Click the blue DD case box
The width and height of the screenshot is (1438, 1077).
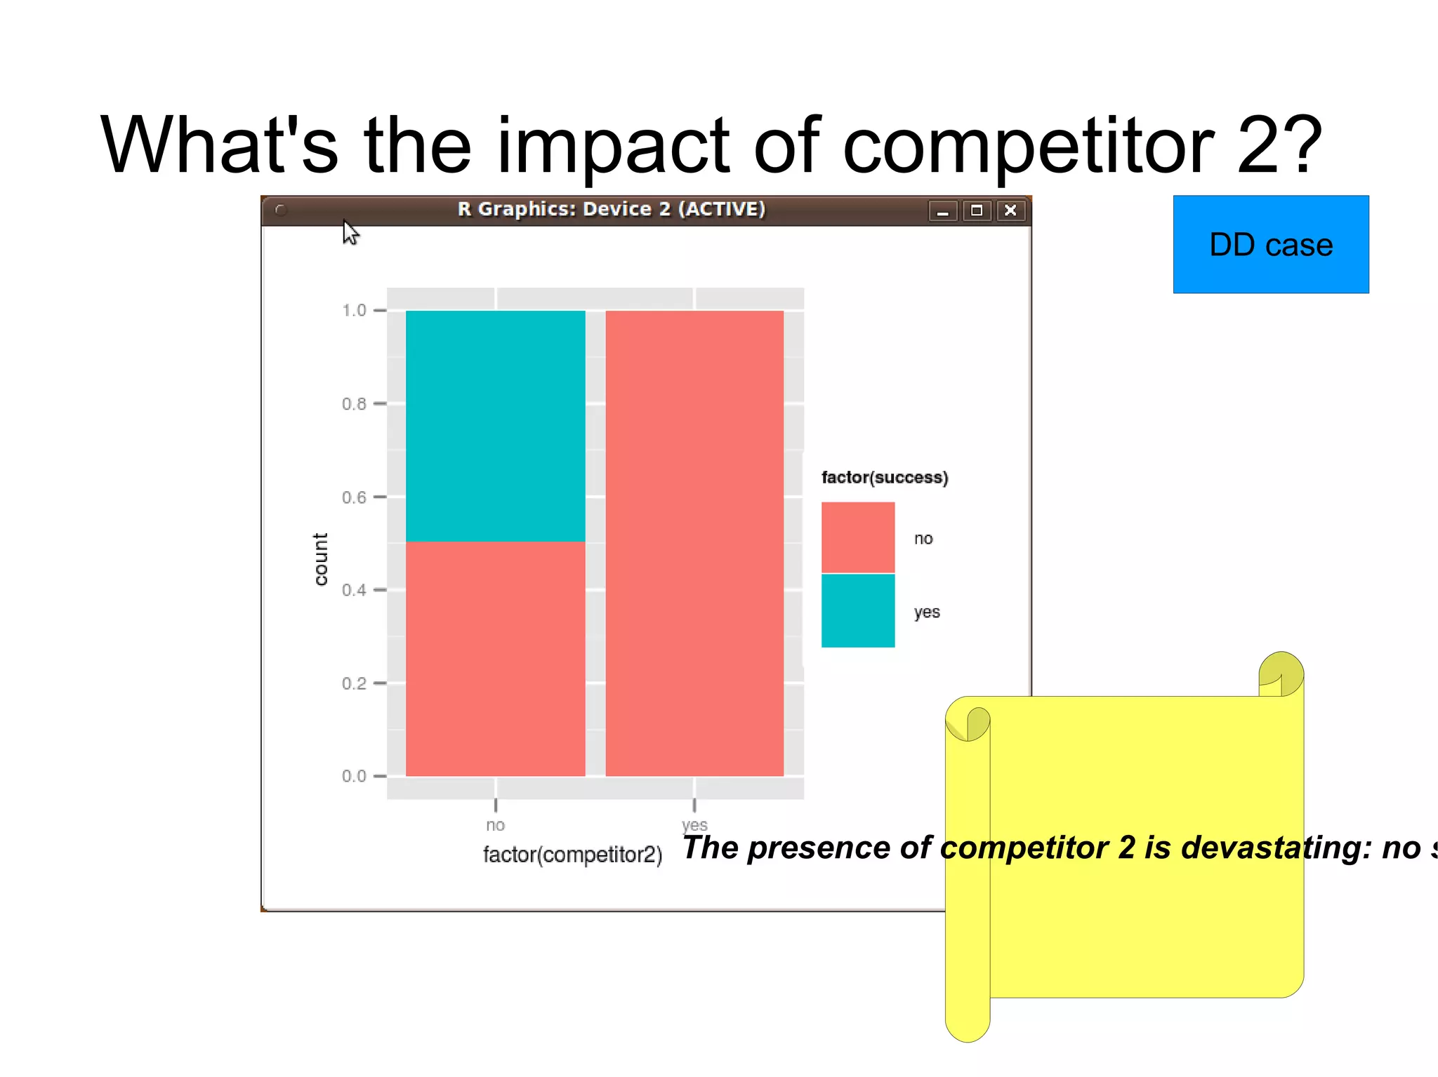tap(1270, 244)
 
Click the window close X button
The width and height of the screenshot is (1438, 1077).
tap(1010, 210)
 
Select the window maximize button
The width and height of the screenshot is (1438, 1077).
tap(976, 210)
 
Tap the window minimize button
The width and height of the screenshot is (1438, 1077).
tap(942, 210)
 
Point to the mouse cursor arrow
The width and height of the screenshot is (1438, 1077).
tap(350, 232)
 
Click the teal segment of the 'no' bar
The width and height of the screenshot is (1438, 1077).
tap(495, 426)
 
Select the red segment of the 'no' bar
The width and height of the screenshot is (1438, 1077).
tap(495, 658)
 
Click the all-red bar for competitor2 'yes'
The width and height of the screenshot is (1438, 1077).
tap(694, 543)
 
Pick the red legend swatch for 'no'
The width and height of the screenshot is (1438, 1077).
tap(857, 537)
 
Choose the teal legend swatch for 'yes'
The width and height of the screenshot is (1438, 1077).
tap(857, 610)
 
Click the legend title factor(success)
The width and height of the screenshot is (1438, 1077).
tap(884, 478)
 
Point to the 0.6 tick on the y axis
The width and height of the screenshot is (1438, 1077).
tap(354, 497)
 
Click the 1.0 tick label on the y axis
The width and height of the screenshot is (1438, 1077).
tap(354, 310)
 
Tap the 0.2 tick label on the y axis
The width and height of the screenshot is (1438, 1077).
tap(354, 683)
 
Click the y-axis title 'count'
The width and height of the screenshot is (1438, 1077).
tap(320, 558)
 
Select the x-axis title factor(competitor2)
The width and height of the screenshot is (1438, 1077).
tap(572, 855)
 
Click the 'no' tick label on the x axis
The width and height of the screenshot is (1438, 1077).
tap(495, 825)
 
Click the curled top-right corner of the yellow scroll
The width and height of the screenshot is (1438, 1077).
tap(1281, 674)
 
